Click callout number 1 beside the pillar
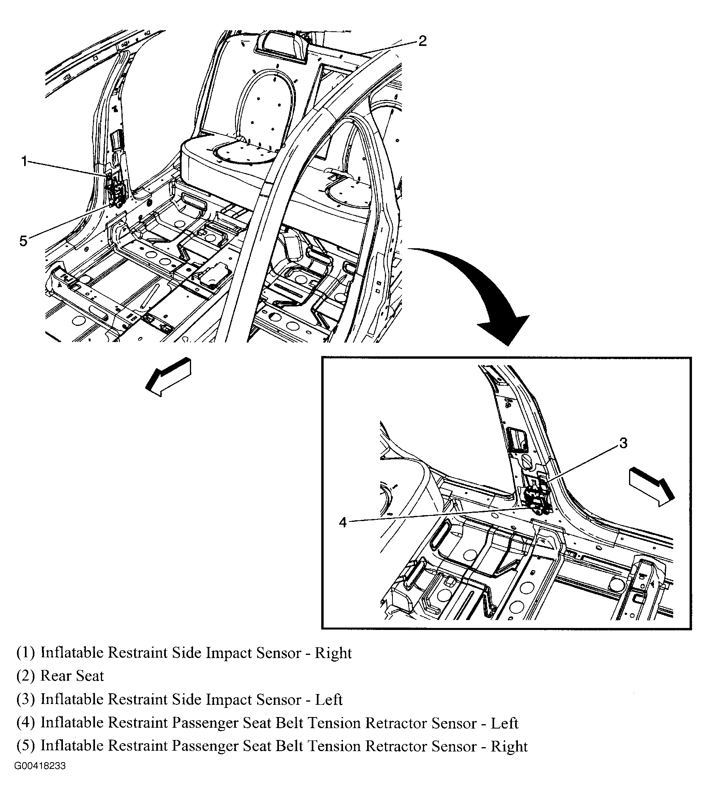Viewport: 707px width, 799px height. pyautogui.click(x=24, y=162)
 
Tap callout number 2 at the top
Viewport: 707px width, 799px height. pyautogui.click(x=423, y=40)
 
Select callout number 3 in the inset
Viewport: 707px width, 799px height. pyautogui.click(x=623, y=443)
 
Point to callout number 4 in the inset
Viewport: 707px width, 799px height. pyautogui.click(x=343, y=523)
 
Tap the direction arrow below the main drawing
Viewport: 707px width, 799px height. pyautogui.click(x=169, y=377)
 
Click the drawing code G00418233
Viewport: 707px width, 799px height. pyautogui.click(x=40, y=777)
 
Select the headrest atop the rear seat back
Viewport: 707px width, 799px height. pyautogui.click(x=280, y=47)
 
